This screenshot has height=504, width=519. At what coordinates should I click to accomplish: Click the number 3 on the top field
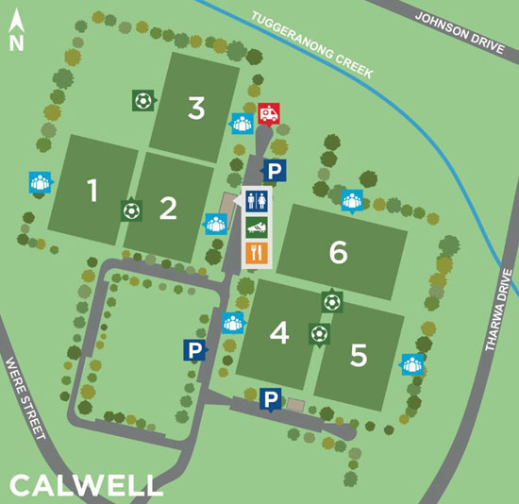coord(196,109)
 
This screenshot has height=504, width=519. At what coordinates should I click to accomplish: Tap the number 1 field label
coord(92,192)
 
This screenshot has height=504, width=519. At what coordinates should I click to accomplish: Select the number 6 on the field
coord(339,252)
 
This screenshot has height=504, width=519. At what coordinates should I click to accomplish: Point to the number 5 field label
coord(359,355)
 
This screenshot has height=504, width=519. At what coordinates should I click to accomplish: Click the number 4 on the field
coord(278,333)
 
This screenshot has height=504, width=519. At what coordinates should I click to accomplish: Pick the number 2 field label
coord(168,208)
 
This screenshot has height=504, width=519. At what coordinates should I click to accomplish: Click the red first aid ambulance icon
coord(268,113)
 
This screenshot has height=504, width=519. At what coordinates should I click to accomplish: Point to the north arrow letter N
coord(15,42)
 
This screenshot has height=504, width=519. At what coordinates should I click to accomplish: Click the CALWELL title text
coord(85,485)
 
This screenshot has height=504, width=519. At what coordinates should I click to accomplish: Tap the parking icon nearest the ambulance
coord(274,171)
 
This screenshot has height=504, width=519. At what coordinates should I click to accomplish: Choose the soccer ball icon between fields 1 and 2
coord(130,210)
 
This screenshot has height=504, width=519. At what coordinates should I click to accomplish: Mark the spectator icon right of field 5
coord(411,363)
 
